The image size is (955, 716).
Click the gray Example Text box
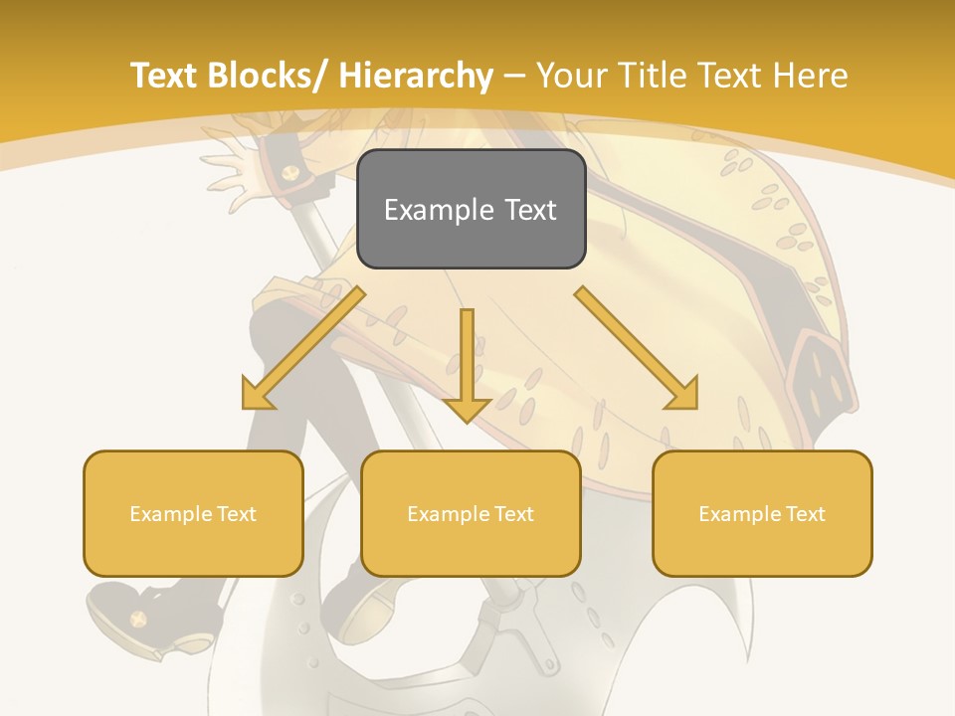(471, 210)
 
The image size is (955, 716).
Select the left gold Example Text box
(193, 513)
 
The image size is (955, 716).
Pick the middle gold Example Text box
(471, 513)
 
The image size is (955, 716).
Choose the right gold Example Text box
(762, 513)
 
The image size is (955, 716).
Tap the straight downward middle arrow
(467, 358)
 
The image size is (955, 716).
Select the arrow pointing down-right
(637, 348)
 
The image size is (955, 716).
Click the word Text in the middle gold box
(514, 513)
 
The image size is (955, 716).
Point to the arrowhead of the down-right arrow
(684, 396)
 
